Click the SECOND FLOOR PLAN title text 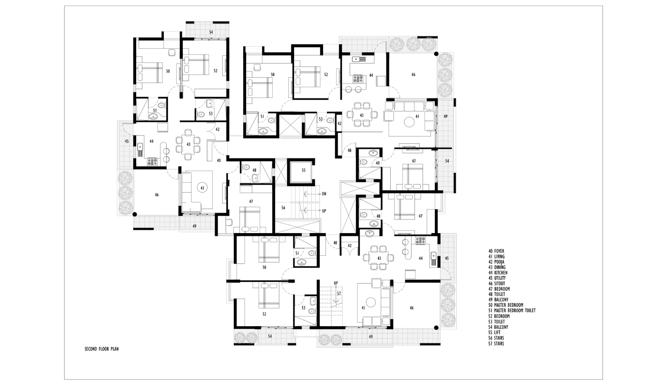click(x=101, y=349)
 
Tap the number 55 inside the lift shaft click(x=304, y=170)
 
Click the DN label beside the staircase click(x=324, y=194)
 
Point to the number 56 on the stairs click(x=283, y=208)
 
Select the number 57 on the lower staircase click(x=339, y=293)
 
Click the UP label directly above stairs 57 click(x=336, y=283)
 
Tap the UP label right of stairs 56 click(x=324, y=211)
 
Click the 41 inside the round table click(x=202, y=188)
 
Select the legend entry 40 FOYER click(x=496, y=251)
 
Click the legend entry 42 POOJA click(x=496, y=262)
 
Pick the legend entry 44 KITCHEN click(x=498, y=273)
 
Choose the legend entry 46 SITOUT click(x=496, y=284)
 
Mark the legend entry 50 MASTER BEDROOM click(x=506, y=305)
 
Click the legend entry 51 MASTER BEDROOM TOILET click(x=512, y=310)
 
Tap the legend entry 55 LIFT click(x=494, y=333)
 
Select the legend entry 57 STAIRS click(x=496, y=343)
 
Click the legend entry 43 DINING click(x=497, y=267)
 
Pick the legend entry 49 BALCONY click(x=498, y=300)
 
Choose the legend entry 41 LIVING click(x=496, y=257)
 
